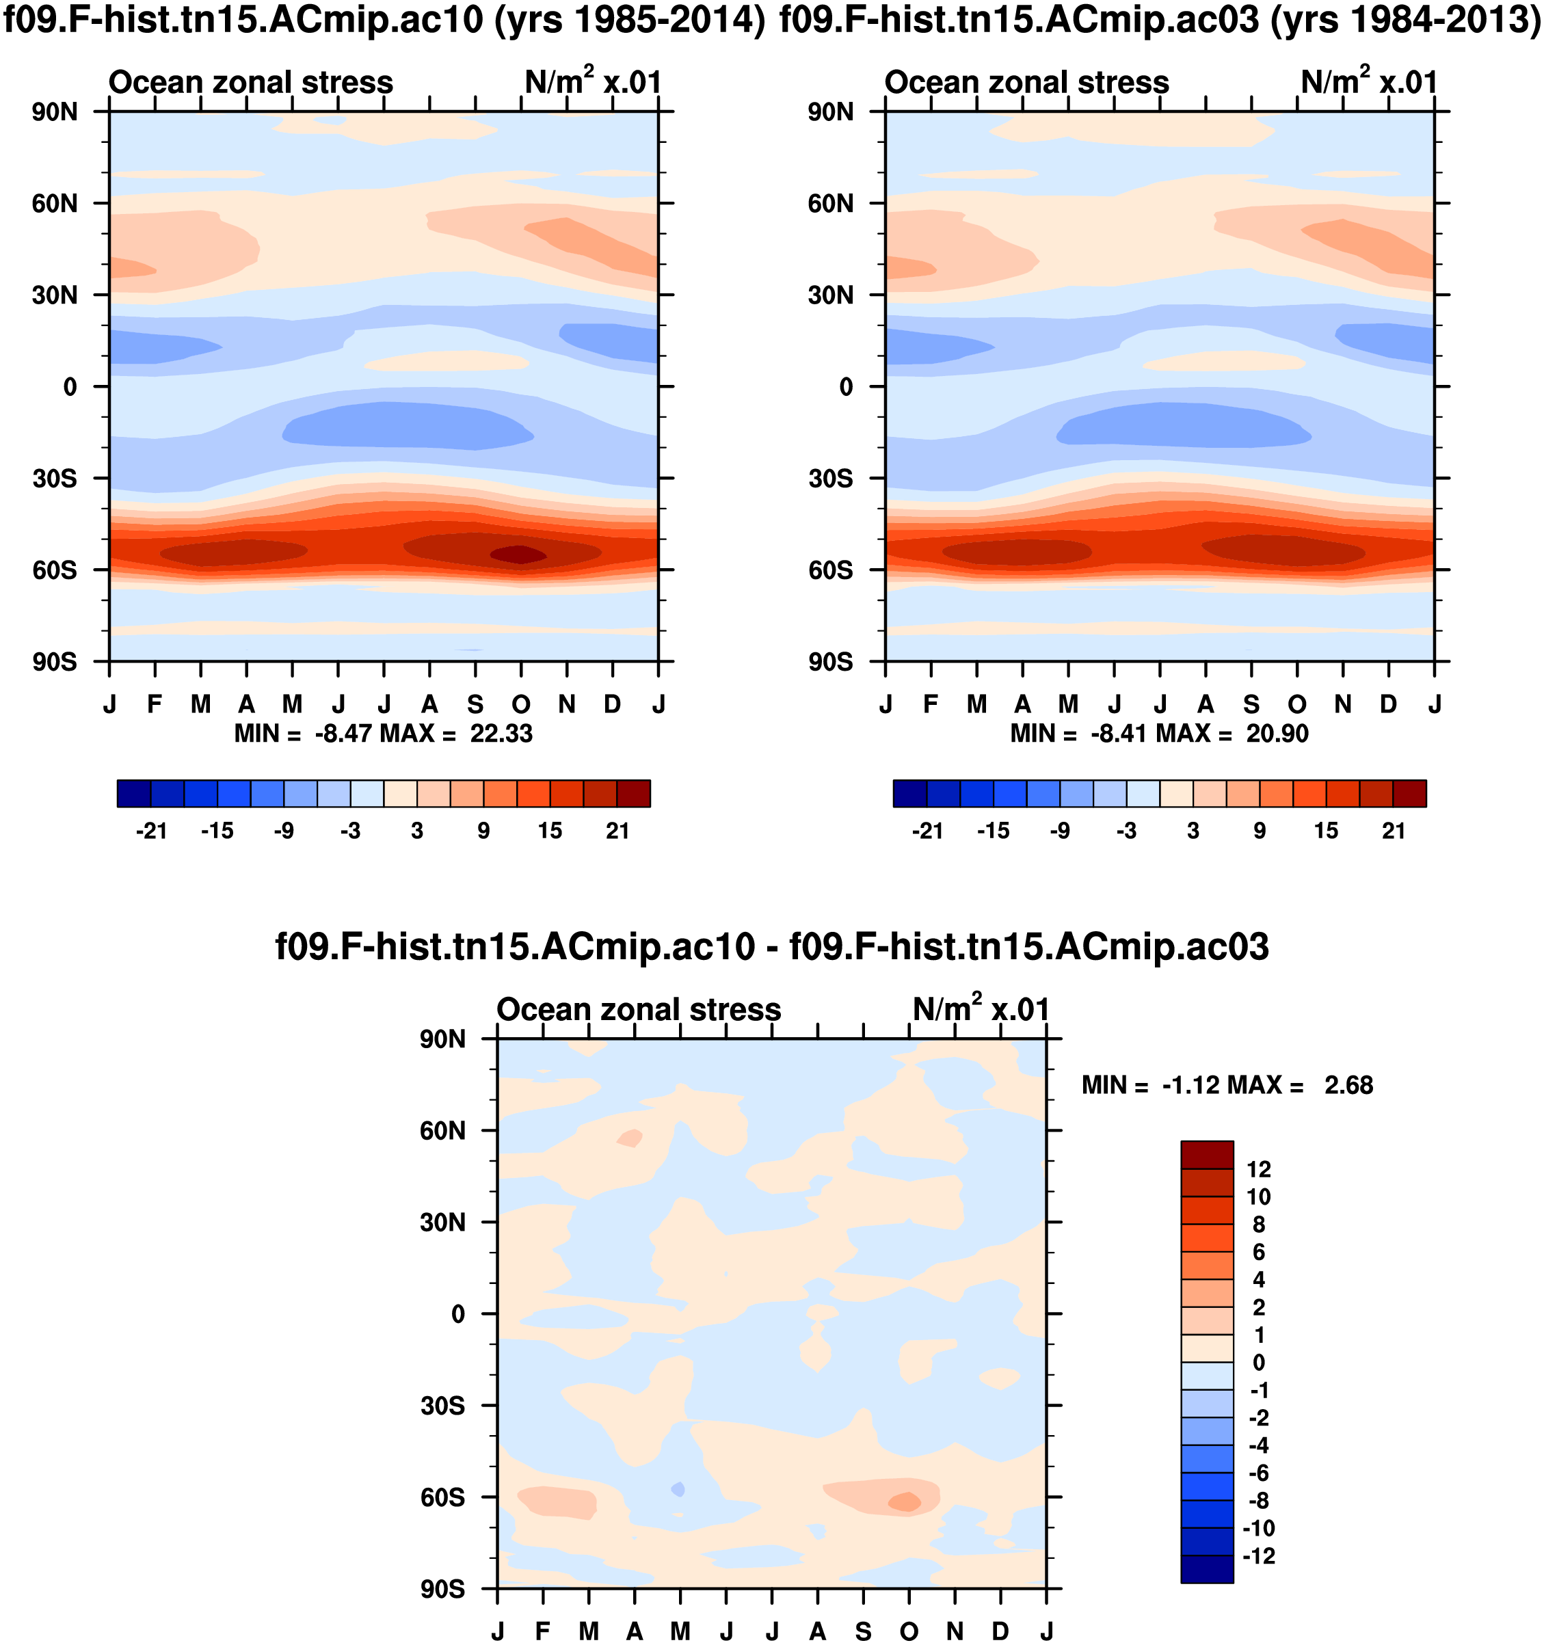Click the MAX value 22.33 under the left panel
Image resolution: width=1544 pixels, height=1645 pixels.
(501, 734)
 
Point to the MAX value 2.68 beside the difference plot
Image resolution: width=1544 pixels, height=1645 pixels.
(1348, 1085)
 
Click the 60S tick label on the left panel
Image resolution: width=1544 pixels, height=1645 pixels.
(55, 570)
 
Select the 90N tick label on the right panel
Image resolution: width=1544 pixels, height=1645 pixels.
(831, 111)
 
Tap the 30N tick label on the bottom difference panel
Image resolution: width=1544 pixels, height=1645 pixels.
(442, 1222)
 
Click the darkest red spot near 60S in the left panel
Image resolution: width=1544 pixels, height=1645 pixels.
(519, 554)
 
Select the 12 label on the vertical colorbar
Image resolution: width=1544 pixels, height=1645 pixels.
(1259, 1169)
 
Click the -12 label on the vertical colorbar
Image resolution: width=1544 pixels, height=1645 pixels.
(1259, 1555)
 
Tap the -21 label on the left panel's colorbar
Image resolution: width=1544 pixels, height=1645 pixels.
(151, 831)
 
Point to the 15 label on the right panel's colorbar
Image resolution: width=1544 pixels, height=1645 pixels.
(1326, 831)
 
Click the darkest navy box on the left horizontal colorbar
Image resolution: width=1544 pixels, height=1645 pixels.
(134, 792)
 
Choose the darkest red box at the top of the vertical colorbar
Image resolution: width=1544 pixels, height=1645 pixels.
(1206, 1154)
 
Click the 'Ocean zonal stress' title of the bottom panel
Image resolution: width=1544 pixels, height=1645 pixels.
(639, 1010)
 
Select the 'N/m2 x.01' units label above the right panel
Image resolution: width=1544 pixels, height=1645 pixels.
(1370, 82)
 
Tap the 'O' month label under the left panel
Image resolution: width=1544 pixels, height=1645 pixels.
(520, 704)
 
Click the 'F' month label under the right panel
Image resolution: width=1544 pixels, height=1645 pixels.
(931, 704)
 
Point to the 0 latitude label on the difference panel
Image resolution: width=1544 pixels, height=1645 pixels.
(457, 1314)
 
